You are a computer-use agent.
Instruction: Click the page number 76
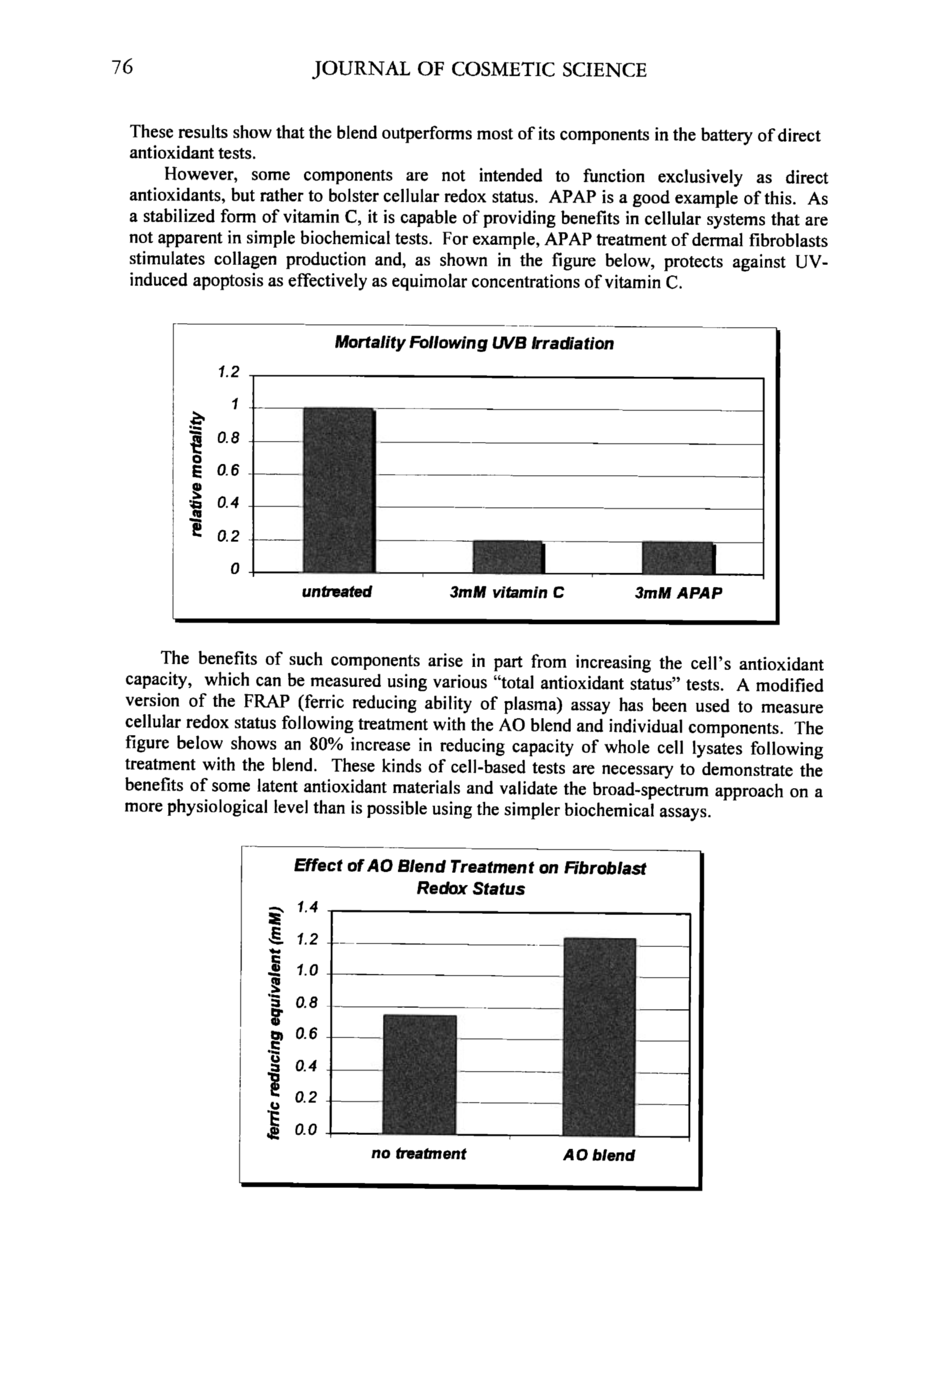tap(123, 67)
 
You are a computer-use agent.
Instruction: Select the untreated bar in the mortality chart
tap(339, 490)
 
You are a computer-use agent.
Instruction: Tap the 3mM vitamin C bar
tap(508, 557)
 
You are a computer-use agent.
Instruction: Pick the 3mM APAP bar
tap(677, 557)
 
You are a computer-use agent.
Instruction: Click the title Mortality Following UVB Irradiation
tap(473, 343)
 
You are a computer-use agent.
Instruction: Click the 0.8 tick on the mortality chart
tap(228, 439)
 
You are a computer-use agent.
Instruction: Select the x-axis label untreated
tap(336, 592)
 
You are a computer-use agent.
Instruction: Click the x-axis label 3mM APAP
tap(678, 593)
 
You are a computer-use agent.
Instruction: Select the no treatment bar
tap(419, 1075)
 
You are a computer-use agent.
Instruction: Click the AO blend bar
tap(599, 1036)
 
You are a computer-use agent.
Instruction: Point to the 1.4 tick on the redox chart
tap(307, 907)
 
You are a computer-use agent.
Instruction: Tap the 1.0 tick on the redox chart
tap(307, 971)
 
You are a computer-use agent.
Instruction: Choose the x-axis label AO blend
tap(598, 1155)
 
